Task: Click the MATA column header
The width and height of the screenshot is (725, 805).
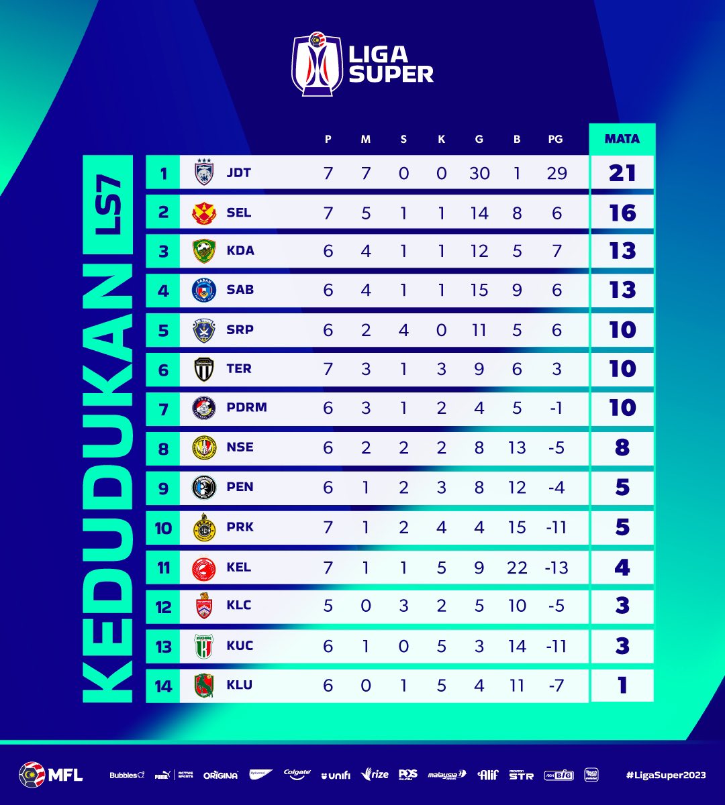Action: point(622,139)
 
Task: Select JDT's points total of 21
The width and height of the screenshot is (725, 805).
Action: point(622,173)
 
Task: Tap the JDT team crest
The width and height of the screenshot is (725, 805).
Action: point(203,173)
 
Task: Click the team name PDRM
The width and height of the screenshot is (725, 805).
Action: point(247,408)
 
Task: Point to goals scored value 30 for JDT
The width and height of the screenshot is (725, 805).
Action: point(479,173)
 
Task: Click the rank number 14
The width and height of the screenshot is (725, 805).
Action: point(163,686)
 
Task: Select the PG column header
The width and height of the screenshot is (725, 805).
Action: point(554,140)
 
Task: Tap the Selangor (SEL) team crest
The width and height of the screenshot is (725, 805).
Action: point(203,213)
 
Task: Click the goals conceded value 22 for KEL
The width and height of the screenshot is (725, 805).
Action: point(517,568)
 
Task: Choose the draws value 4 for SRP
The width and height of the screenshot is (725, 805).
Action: point(403,330)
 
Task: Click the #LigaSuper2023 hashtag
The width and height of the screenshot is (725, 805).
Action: point(665,775)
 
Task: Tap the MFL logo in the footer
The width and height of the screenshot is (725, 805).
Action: point(51,775)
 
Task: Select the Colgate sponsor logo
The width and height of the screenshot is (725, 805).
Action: point(297,774)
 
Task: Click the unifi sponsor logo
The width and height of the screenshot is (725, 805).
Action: point(336,775)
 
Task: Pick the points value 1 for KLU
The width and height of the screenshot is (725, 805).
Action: point(622,686)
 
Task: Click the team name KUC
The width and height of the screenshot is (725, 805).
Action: point(240,645)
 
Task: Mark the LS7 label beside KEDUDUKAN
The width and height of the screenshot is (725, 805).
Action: point(107,206)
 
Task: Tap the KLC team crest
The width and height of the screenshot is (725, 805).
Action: point(203,606)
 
